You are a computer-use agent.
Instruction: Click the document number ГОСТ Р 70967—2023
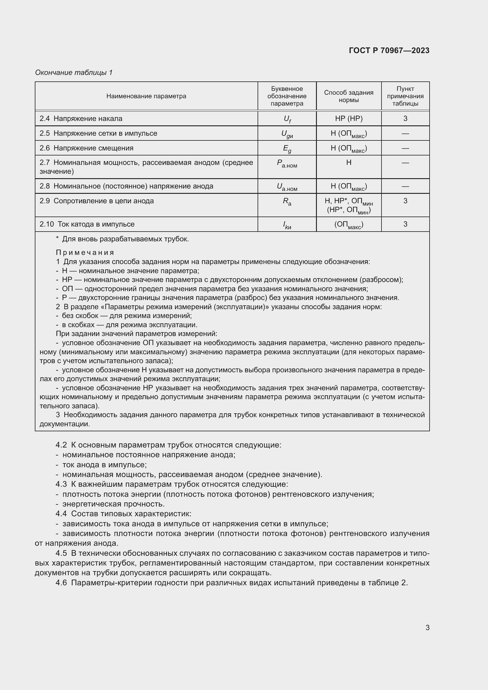[389, 50]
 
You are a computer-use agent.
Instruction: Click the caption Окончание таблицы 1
[74, 73]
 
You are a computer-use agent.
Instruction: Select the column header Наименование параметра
[146, 96]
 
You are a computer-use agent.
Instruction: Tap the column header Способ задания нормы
[348, 96]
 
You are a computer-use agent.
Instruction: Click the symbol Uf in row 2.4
[287, 119]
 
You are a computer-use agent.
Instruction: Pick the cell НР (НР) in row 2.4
[348, 119]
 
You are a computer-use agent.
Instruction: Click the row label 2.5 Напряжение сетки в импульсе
[98, 133]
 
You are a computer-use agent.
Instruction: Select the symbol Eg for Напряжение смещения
[287, 148]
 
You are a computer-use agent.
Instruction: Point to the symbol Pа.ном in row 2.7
[287, 164]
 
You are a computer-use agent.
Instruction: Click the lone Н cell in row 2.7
[348, 163]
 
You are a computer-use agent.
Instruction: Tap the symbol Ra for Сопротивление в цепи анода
[287, 201]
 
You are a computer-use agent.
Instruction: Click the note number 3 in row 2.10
[405, 224]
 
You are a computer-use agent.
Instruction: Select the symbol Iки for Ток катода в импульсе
[287, 225]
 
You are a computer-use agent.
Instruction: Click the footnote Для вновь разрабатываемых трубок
[125, 239]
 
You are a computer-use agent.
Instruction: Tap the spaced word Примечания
[85, 253]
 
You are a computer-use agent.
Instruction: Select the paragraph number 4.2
[61, 445]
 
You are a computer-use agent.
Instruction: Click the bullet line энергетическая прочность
[113, 504]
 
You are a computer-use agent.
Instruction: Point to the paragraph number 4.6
[61, 583]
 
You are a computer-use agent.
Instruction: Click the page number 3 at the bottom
[427, 627]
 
